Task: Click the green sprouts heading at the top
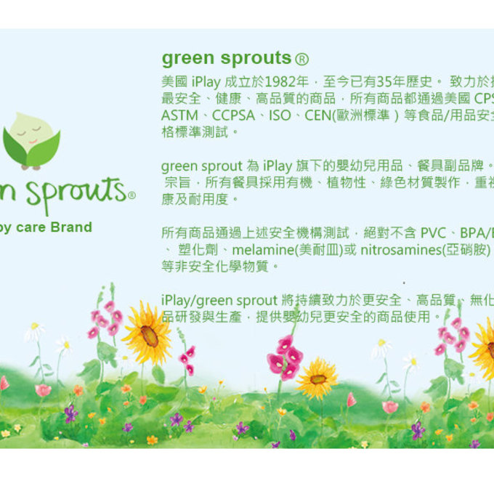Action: pyautogui.click(x=227, y=58)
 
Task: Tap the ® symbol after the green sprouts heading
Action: pyautogui.click(x=303, y=59)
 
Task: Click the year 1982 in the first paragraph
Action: pyautogui.click(x=281, y=81)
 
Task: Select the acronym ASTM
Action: pyautogui.click(x=177, y=116)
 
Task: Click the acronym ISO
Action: pyautogui.click(x=280, y=116)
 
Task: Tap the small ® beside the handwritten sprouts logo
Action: pyautogui.click(x=131, y=195)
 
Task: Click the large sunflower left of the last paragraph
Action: pyautogui.click(x=148, y=334)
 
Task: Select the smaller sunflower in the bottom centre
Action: pyautogui.click(x=317, y=378)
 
